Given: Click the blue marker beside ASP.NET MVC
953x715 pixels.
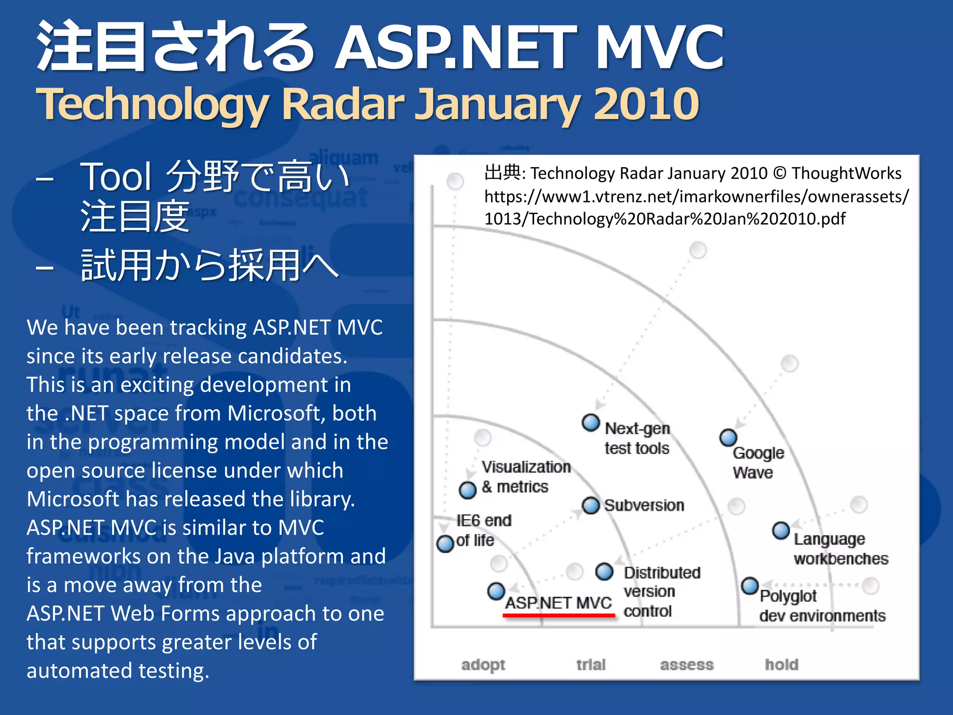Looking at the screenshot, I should click(496, 591).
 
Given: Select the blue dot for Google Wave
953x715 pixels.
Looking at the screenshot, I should click(728, 438).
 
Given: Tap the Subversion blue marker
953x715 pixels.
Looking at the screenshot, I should click(591, 506).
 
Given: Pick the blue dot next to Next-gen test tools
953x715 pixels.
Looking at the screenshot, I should click(591, 423).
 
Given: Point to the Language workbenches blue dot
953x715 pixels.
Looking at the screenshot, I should click(781, 530).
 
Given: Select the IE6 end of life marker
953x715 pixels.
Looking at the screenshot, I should click(445, 543).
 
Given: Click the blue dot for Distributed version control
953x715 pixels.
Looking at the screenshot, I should click(604, 572).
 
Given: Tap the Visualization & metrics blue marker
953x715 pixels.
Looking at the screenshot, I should click(468, 490).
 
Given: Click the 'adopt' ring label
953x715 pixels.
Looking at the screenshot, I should click(483, 665).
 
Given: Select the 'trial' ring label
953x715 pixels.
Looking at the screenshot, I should click(591, 665).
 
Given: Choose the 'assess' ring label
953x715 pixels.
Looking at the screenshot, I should click(687, 665).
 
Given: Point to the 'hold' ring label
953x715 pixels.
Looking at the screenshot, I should click(782, 665).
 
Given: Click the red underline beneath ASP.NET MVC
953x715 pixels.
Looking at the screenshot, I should click(559, 615).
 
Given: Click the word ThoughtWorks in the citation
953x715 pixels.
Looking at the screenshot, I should click(846, 173).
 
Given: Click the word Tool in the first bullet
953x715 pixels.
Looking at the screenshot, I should click(116, 177).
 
